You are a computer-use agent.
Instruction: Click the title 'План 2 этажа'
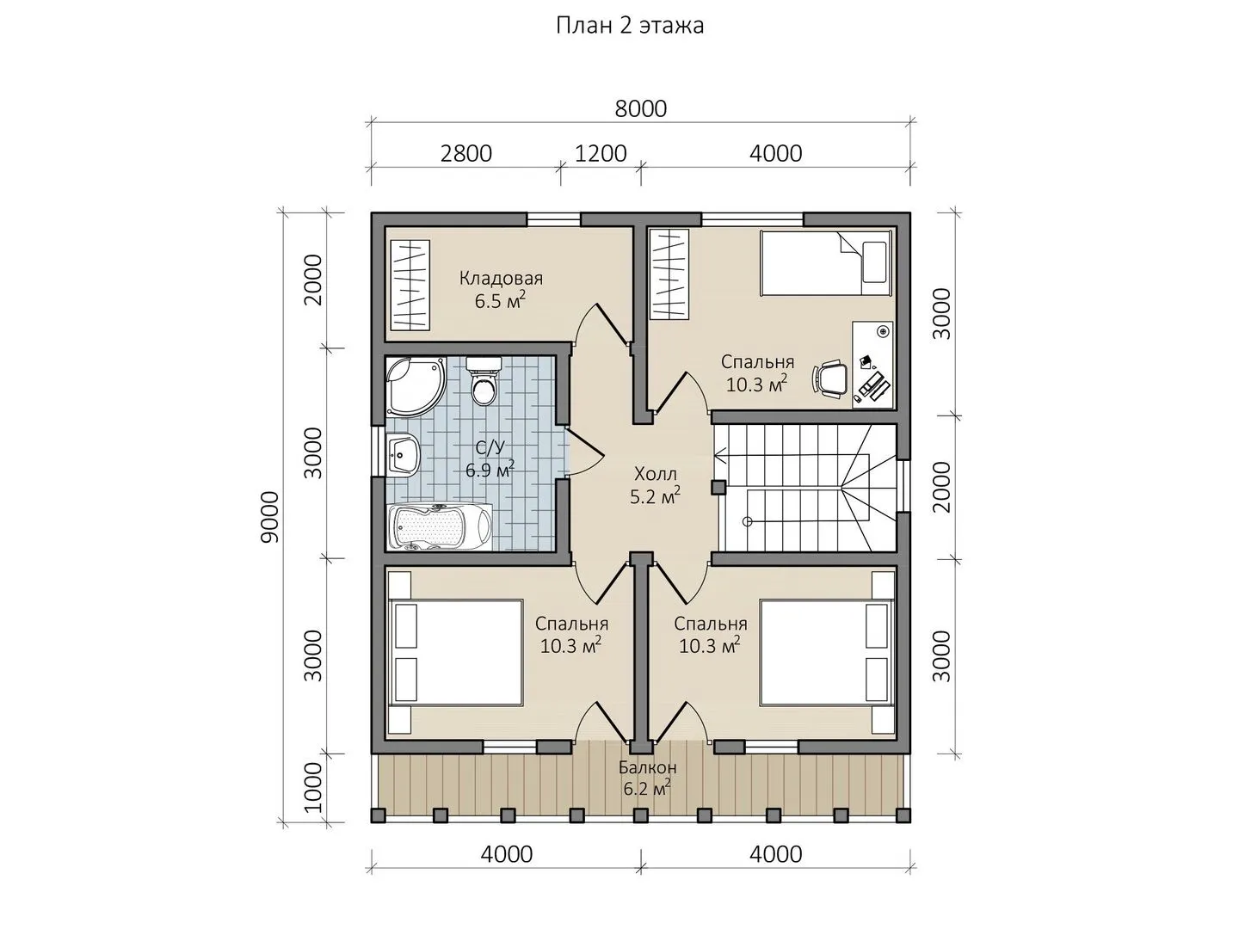[630, 26]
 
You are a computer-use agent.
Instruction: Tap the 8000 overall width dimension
[641, 108]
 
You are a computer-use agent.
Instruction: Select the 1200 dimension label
[601, 153]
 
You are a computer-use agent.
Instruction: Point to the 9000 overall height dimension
[270, 517]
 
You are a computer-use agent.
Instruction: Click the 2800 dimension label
[465, 153]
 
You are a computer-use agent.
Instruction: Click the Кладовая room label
[501, 278]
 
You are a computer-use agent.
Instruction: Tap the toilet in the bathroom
[484, 381]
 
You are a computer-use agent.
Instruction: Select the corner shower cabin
[416, 386]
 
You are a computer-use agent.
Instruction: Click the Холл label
[655, 473]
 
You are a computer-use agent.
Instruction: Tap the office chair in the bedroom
[830, 378]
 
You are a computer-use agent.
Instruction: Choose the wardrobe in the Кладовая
[410, 285]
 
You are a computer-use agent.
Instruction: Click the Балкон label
[647, 767]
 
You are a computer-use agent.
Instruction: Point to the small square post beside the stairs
[718, 487]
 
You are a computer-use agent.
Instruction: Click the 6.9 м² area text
[490, 469]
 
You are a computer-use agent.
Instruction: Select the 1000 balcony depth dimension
[313, 787]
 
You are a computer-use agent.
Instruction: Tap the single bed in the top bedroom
[826, 262]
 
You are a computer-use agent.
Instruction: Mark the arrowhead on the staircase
[718, 455]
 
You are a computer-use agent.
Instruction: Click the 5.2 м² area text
[655, 495]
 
